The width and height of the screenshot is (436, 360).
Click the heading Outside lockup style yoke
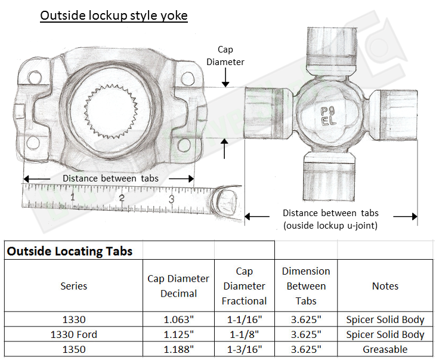[113, 15]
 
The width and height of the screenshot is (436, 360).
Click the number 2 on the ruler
[121, 199]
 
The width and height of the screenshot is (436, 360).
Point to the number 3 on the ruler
[171, 199]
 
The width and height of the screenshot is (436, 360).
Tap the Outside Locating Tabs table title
[70, 251]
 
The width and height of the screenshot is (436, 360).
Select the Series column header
[74, 286]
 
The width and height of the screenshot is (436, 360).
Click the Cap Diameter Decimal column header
[178, 286]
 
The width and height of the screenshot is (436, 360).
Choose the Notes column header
[385, 286]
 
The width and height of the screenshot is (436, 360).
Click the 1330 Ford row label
[74, 334]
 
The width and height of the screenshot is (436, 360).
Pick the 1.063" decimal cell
[178, 319]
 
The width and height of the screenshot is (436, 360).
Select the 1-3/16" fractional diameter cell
[244, 349]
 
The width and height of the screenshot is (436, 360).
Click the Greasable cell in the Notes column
[385, 349]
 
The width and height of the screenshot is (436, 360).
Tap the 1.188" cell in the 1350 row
[178, 349]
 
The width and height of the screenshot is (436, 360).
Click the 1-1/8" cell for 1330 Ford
[244, 334]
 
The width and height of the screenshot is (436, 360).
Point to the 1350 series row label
[74, 349]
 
